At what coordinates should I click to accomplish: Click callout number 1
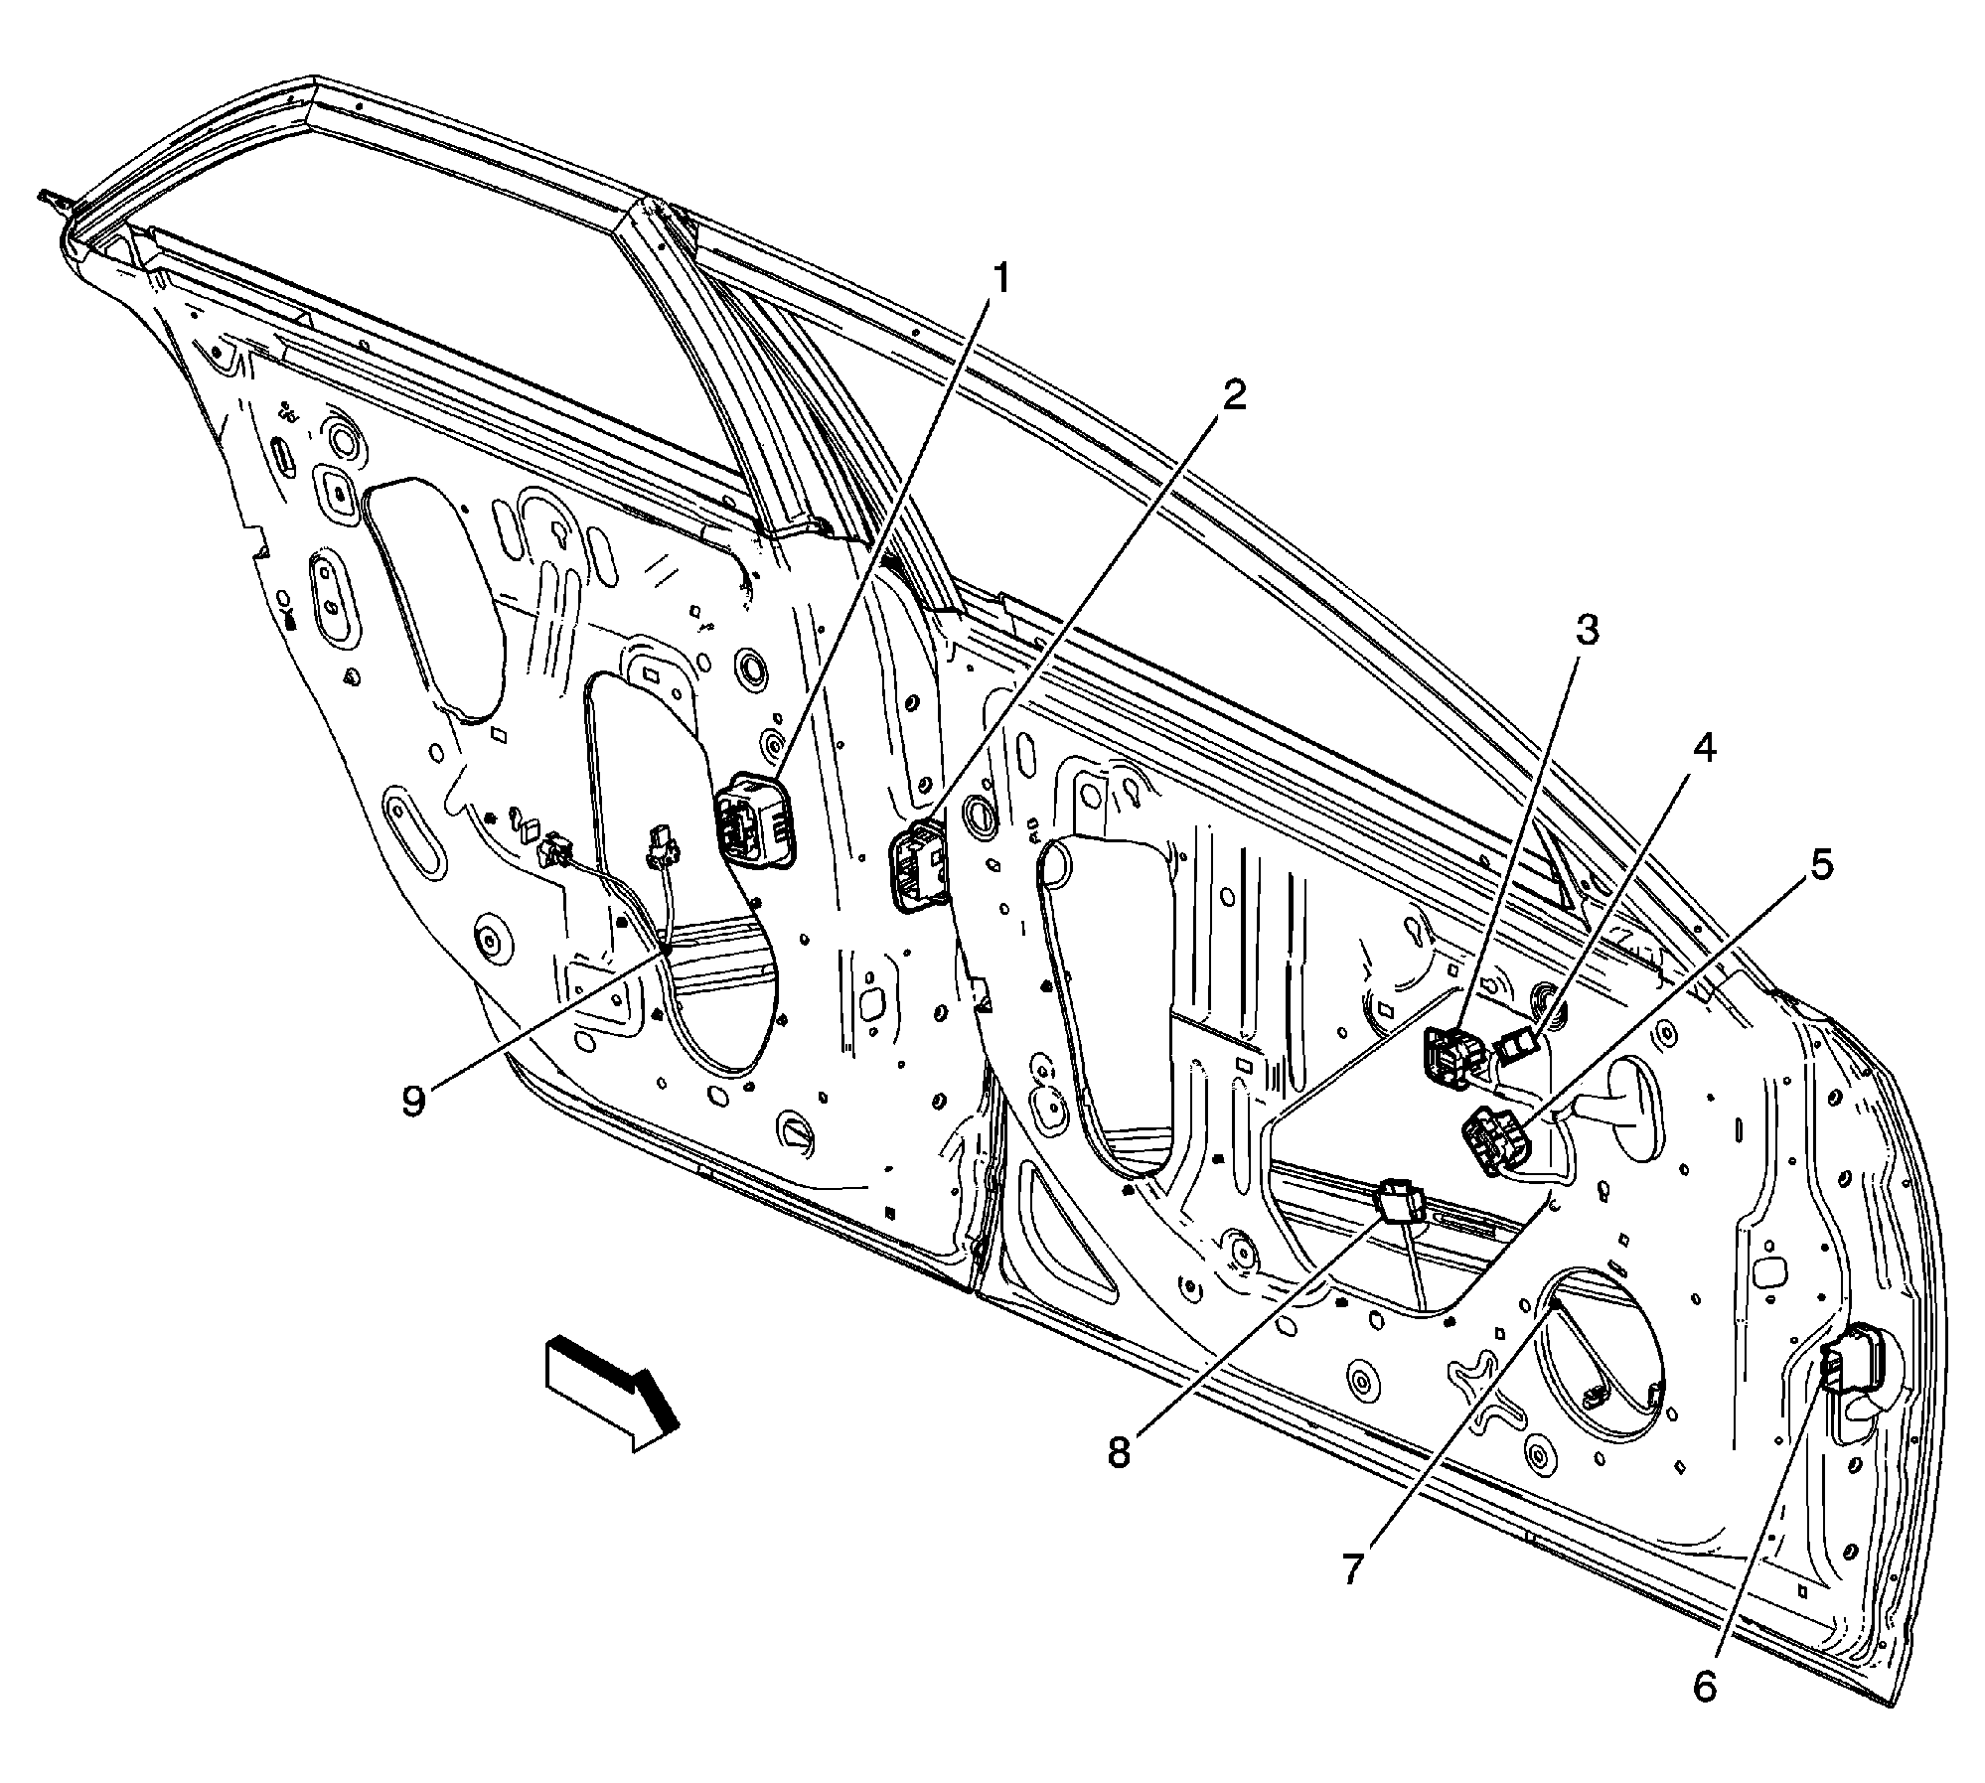(x=1001, y=280)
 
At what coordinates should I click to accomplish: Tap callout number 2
(x=1232, y=397)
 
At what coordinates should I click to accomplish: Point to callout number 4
(x=1704, y=748)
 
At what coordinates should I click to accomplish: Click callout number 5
(x=1820, y=864)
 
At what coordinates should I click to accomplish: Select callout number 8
(x=1120, y=1452)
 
